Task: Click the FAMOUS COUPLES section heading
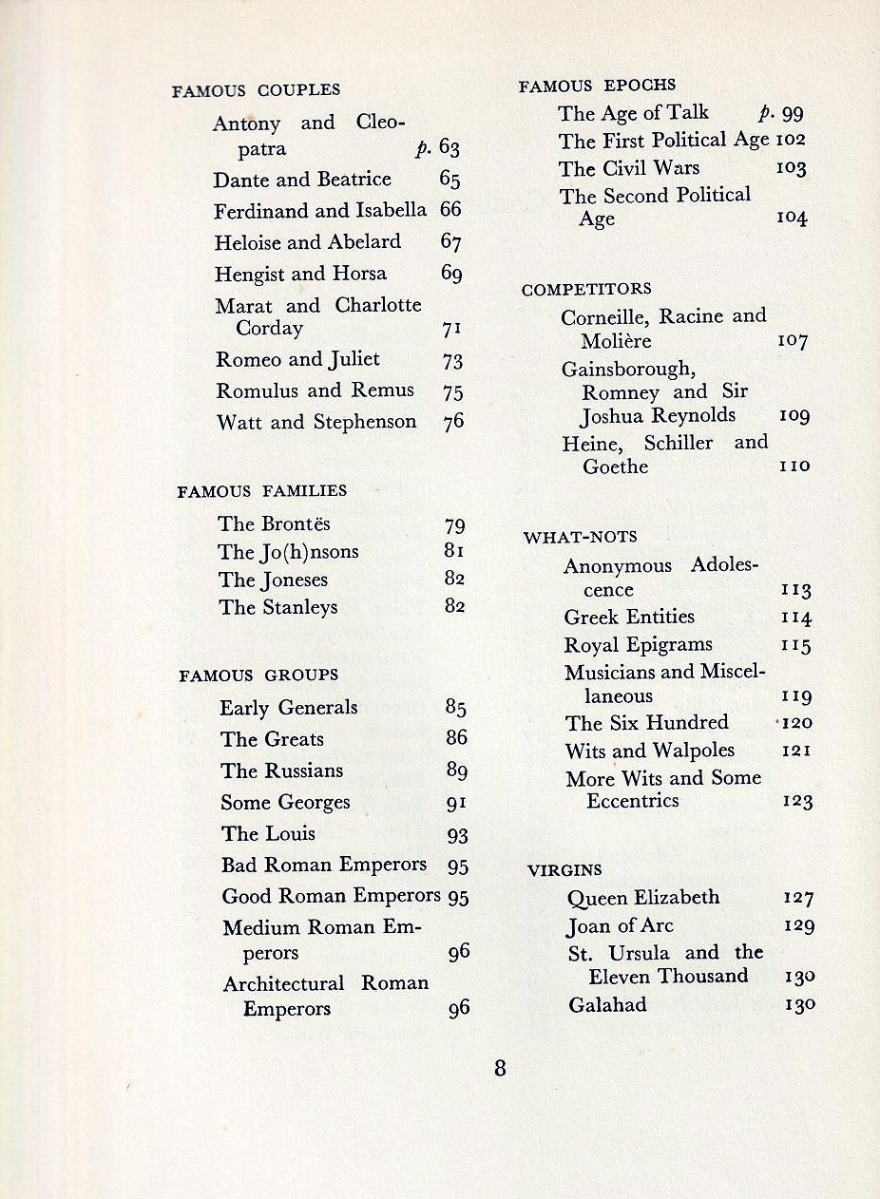pyautogui.click(x=256, y=90)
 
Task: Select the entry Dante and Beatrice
pyautogui.click(x=302, y=180)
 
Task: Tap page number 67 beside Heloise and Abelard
pyautogui.click(x=450, y=242)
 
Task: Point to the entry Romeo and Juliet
pyautogui.click(x=297, y=359)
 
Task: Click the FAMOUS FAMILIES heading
pyautogui.click(x=262, y=491)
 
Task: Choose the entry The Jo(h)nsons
pyautogui.click(x=288, y=552)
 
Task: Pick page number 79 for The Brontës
pyautogui.click(x=454, y=524)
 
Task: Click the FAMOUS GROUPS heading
pyautogui.click(x=258, y=676)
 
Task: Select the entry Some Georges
pyautogui.click(x=285, y=802)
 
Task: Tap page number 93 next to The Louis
pyautogui.click(x=457, y=835)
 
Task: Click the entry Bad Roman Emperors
pyautogui.click(x=324, y=865)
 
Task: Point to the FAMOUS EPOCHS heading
pyautogui.click(x=597, y=86)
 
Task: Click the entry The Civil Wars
pyautogui.click(x=629, y=168)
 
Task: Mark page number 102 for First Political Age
pyautogui.click(x=791, y=141)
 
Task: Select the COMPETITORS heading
pyautogui.click(x=586, y=289)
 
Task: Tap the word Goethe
pyautogui.click(x=615, y=466)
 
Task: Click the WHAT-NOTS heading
pyautogui.click(x=580, y=538)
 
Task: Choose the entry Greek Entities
pyautogui.click(x=629, y=618)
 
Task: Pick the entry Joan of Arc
pyautogui.click(x=620, y=925)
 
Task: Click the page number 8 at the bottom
pyautogui.click(x=500, y=1068)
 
